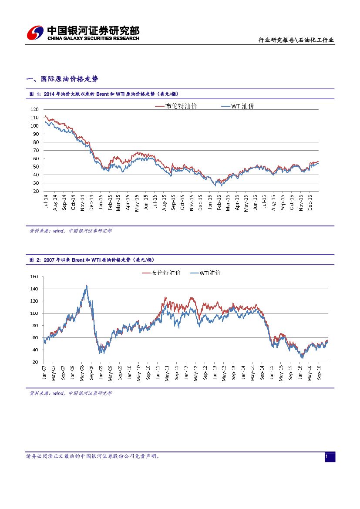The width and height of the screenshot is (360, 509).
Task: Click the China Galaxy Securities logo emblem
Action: tap(35, 33)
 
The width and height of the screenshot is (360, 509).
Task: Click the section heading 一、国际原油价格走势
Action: tap(62, 79)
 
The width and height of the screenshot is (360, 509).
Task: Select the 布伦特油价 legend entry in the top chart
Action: tap(176, 106)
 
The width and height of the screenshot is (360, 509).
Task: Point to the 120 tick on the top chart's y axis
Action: tap(35, 110)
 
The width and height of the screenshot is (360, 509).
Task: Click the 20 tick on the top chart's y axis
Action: tap(36, 191)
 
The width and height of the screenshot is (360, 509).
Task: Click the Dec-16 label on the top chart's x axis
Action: tap(310, 202)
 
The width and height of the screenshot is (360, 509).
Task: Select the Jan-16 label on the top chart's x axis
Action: tap(209, 202)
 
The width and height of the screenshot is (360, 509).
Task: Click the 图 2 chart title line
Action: tap(92, 260)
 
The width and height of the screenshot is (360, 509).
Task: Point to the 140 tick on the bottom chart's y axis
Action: tap(35, 289)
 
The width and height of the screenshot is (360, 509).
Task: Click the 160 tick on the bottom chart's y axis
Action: tap(35, 277)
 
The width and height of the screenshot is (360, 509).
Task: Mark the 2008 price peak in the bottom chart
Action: tap(86, 286)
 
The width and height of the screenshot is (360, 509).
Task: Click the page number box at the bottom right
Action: tap(330, 457)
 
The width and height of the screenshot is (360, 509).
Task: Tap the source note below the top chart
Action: tap(71, 231)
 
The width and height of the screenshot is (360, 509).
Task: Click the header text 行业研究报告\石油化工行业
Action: tap(296, 40)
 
